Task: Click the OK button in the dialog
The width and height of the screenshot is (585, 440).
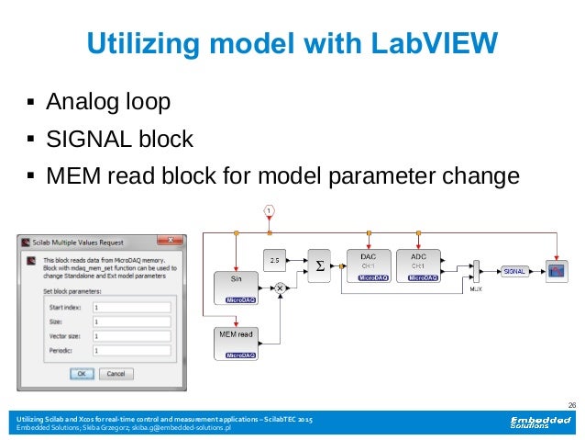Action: (x=82, y=374)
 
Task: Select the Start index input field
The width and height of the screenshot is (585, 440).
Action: (x=131, y=308)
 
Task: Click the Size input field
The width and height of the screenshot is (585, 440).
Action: (x=131, y=322)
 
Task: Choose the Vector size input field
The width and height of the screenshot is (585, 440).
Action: (x=131, y=336)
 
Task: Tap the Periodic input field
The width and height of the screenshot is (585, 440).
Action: (x=131, y=350)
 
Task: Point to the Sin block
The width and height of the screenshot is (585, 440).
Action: (x=237, y=285)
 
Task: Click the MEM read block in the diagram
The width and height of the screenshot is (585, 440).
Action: (x=237, y=342)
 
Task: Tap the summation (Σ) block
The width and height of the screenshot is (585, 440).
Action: (x=320, y=263)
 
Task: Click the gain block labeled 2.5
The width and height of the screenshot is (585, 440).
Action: (x=274, y=260)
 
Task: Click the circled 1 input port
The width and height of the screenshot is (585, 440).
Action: (x=269, y=211)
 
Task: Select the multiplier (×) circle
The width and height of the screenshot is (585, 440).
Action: (x=281, y=288)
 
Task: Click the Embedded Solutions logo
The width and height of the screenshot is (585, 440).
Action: (x=534, y=423)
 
